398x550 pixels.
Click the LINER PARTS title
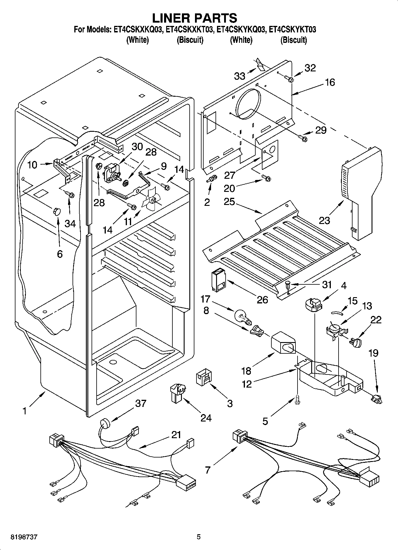(194, 18)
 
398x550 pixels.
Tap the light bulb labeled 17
(243, 316)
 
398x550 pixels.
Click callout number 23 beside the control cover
(324, 220)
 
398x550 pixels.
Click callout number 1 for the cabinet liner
(25, 411)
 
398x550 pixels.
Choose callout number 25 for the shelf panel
(229, 202)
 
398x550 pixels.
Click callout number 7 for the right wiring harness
(207, 470)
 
